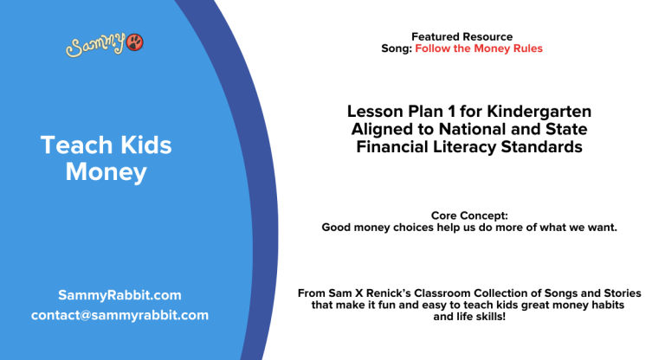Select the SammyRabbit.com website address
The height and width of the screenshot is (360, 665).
point(119,295)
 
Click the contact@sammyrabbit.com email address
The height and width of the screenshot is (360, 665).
point(119,315)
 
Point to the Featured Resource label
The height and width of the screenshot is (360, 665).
point(462,36)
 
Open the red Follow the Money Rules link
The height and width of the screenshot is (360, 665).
point(479,48)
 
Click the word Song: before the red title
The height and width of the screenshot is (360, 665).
point(397,48)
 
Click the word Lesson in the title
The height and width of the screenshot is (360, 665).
point(375,112)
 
